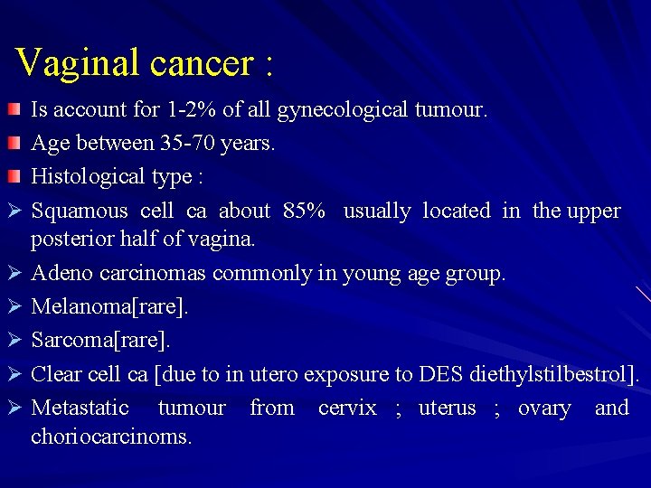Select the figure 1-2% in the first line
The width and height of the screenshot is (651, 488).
[x=193, y=110]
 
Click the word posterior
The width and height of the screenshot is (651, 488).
[x=68, y=239]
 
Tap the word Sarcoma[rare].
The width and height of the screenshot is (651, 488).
[x=100, y=341]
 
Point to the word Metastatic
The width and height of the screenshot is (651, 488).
[x=80, y=408]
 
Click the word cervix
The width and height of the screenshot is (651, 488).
[x=347, y=408]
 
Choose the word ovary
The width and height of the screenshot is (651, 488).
[x=543, y=408]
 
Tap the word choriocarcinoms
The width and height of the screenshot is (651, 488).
[x=111, y=436]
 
